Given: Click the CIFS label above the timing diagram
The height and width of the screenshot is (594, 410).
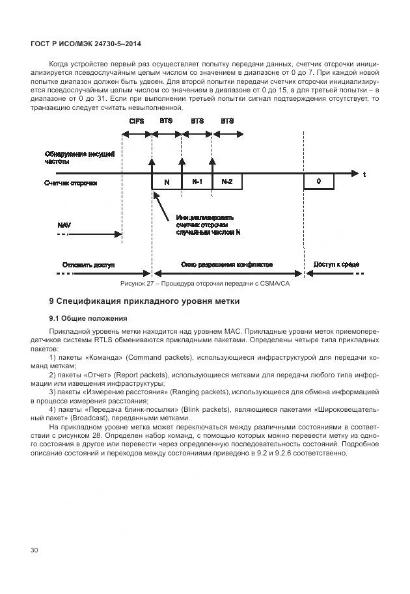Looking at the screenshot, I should [x=136, y=121].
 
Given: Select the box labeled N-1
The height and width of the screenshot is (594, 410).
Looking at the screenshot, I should [x=197, y=182].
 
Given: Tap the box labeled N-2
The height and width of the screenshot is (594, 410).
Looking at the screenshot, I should [x=226, y=182].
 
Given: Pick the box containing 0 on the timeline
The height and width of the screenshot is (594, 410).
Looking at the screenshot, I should [x=319, y=182].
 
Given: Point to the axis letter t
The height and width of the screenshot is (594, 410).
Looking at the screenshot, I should [x=364, y=174].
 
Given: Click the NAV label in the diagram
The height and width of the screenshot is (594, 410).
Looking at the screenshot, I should [x=64, y=224].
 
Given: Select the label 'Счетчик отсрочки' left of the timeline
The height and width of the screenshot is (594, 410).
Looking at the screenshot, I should [x=71, y=183].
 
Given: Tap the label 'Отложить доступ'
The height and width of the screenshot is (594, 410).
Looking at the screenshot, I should [x=89, y=265].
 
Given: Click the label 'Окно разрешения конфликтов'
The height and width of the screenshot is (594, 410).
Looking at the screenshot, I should [x=226, y=265].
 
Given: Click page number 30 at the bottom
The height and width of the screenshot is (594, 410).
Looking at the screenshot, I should [x=34, y=550].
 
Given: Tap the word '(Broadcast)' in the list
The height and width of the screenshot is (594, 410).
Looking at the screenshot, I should [x=85, y=418].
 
